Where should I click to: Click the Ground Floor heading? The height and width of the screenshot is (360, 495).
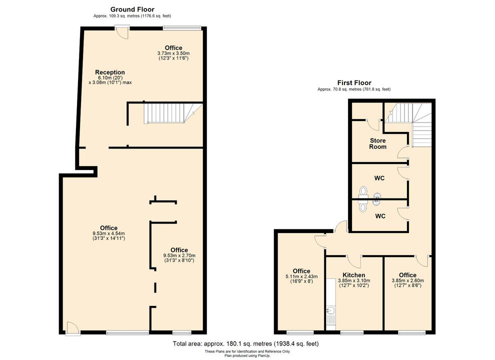(x=132, y=9)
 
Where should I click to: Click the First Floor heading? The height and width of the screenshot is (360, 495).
(x=354, y=82)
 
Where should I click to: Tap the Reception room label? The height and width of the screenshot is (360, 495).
(x=110, y=72)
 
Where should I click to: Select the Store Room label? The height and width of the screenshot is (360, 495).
(x=378, y=143)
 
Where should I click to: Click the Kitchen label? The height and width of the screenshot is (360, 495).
(x=353, y=275)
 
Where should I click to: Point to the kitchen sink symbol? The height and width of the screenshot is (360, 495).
(x=330, y=314)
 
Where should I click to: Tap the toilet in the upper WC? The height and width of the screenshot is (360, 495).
(x=363, y=191)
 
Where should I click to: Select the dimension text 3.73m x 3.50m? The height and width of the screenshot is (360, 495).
(x=173, y=53)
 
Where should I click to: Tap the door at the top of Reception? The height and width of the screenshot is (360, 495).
(x=120, y=32)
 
